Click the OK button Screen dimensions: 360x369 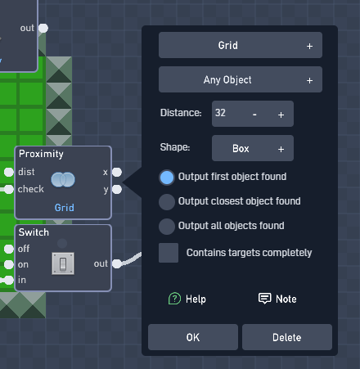[x=193, y=337]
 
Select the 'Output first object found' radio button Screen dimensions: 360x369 [x=167, y=178]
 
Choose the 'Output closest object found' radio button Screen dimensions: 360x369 [x=167, y=202]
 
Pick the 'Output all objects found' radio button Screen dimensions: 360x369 [x=167, y=227]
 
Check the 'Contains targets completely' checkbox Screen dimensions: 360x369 [x=169, y=253]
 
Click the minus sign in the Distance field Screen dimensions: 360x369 [x=254, y=115]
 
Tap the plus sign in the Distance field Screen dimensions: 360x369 [x=281, y=115]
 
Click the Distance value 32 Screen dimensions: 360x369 [x=220, y=113]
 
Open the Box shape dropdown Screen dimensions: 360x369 [x=253, y=148]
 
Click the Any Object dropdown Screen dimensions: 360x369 [x=241, y=79]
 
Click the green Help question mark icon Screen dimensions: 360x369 [x=174, y=299]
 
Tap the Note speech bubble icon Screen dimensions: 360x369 [x=264, y=299]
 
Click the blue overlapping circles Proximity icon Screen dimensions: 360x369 [x=63, y=180]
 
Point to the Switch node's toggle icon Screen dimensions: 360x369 [x=63, y=263]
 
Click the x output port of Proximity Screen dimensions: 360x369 [x=117, y=172]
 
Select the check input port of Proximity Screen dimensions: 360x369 [x=9, y=189]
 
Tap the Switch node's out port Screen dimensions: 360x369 [x=117, y=263]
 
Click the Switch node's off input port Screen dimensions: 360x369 [x=9, y=249]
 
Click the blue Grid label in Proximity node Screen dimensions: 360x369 [x=65, y=208]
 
